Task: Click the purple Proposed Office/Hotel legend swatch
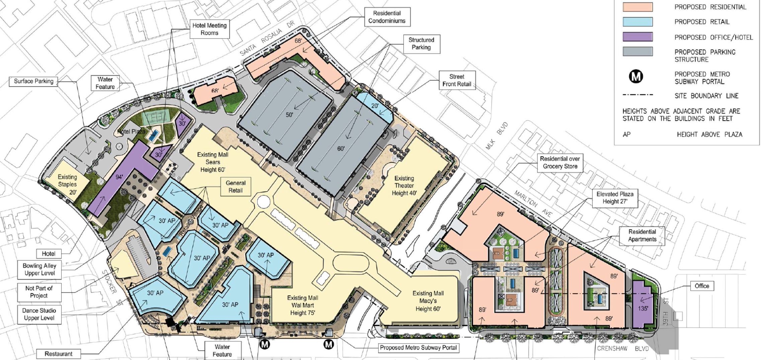tap(638, 37)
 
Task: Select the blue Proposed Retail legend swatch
tap(638, 22)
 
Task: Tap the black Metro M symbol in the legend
tap(636, 77)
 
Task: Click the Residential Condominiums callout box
tap(387, 17)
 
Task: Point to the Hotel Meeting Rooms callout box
tap(209, 29)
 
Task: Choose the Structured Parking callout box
tap(421, 44)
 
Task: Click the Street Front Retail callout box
tap(457, 80)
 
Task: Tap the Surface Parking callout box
tap(33, 81)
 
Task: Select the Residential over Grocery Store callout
tap(560, 163)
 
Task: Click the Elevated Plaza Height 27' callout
tap(615, 198)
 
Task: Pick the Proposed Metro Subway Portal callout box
tap(418, 348)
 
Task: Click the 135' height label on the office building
tap(643, 308)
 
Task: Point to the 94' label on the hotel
tap(119, 177)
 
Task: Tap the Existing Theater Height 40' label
tap(404, 186)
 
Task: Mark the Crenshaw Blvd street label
tap(623, 349)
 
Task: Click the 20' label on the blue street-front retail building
tap(375, 106)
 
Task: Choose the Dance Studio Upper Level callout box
tap(39, 314)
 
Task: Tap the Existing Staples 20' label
tap(67, 184)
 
